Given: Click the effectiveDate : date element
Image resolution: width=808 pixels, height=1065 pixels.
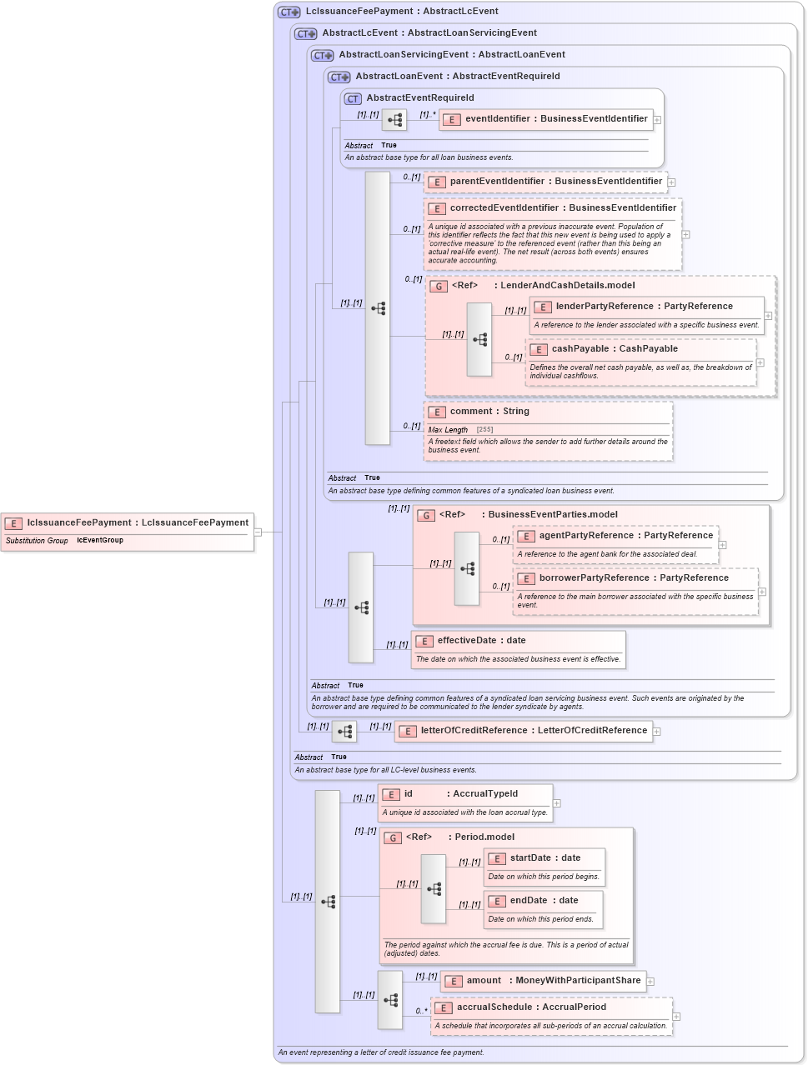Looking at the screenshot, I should coord(480,641).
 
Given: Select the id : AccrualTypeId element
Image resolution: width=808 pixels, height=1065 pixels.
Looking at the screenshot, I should coord(460,794).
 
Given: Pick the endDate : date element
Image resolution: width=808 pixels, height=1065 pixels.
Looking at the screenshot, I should coord(543,901).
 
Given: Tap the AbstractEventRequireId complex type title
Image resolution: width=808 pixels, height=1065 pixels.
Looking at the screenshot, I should coord(419,98).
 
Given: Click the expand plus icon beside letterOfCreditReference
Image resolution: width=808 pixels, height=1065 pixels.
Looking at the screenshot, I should coord(657,732).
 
